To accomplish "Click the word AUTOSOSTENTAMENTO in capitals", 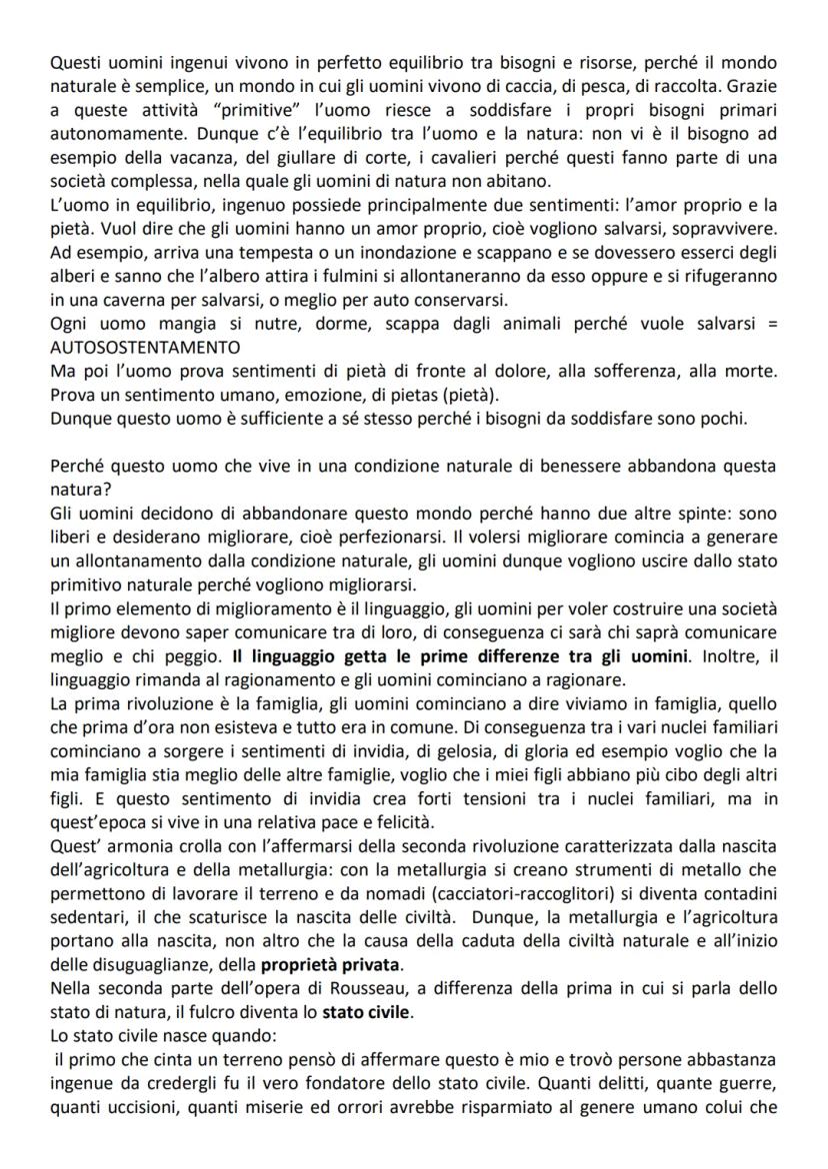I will click(x=145, y=347).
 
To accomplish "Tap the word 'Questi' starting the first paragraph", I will click(x=74, y=64).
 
